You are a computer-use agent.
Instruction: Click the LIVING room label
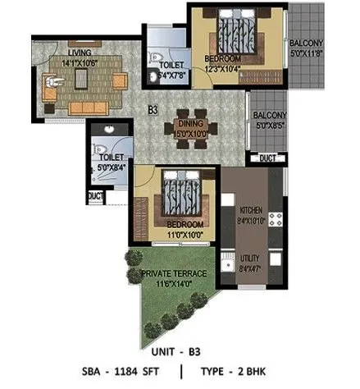pos(80,52)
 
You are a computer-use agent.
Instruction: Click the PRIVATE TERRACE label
pos(173,273)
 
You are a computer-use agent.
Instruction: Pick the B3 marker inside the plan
pos(153,108)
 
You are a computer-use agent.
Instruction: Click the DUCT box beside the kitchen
pos(267,158)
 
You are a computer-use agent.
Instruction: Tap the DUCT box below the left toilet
pos(96,196)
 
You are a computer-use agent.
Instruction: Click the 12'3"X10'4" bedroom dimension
pos(223,69)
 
